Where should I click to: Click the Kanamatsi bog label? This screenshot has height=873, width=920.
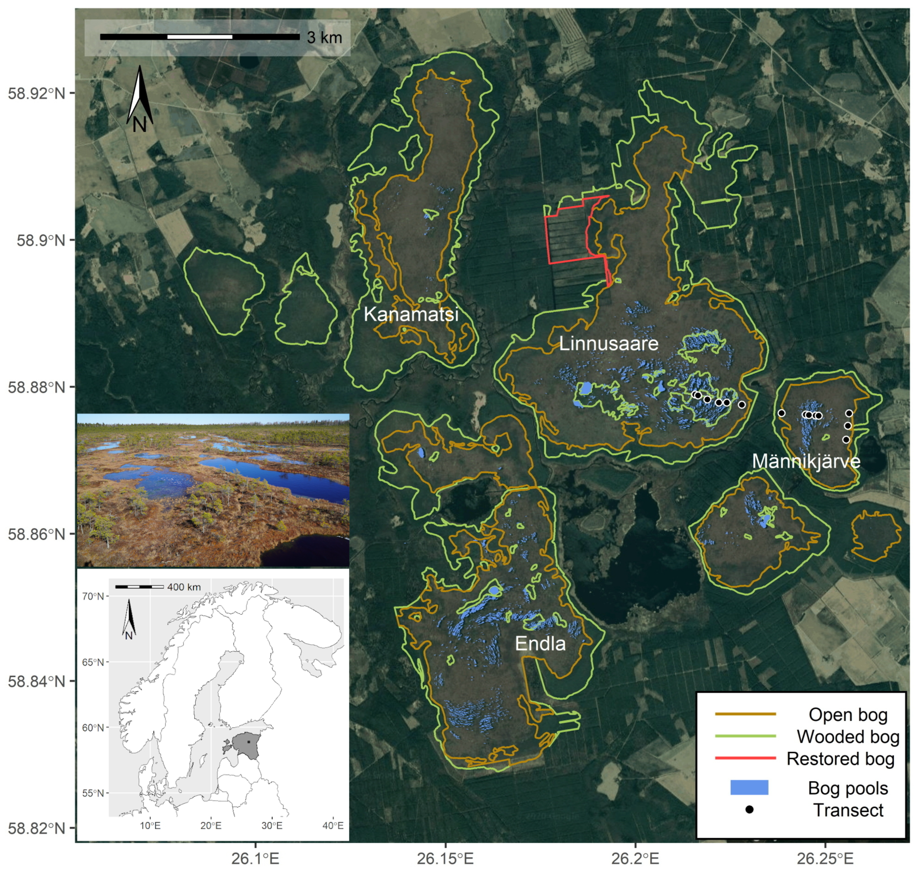click(411, 314)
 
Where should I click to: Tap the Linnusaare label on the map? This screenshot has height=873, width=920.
click(608, 344)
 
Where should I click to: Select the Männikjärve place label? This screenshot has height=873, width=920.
click(806, 462)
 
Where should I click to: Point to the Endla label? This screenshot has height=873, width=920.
click(540, 644)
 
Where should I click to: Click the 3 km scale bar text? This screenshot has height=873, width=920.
click(325, 38)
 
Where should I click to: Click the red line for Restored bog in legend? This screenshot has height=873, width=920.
click(745, 759)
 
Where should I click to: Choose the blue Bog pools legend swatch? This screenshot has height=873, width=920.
click(749, 788)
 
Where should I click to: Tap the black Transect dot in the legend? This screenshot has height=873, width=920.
click(749, 810)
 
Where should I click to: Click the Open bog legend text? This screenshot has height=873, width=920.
click(848, 714)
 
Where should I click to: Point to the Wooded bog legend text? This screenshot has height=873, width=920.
click(848, 737)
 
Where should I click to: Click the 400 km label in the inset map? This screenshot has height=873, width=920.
click(184, 587)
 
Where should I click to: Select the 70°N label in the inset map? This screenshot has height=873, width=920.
click(93, 596)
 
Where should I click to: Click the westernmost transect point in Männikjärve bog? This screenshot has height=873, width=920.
click(781, 413)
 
